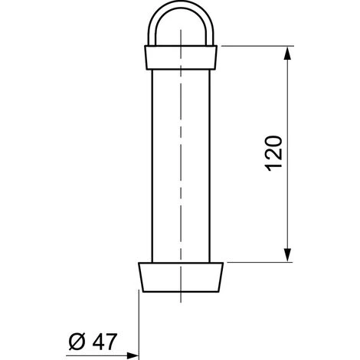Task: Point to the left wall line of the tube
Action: coord(152,153)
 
